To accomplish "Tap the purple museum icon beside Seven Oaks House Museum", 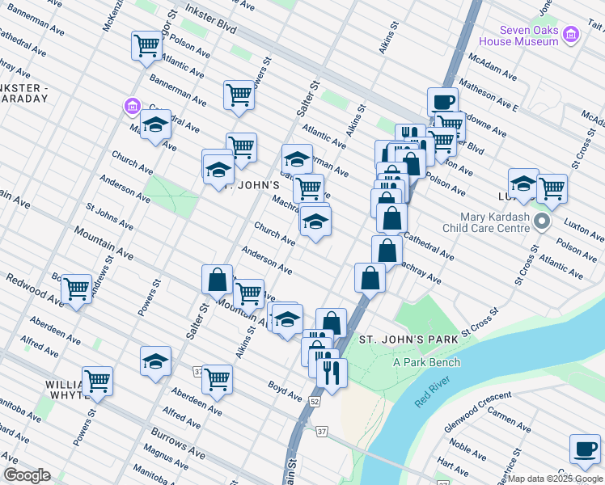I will (571, 34).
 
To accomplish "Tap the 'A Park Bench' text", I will (426, 362).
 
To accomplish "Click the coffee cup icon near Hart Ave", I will (584, 449).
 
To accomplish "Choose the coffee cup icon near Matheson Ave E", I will (442, 102).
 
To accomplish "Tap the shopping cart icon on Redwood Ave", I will (76, 288).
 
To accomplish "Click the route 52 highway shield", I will (314, 401).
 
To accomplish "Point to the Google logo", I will (27, 475).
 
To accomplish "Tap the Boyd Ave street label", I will (285, 392).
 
